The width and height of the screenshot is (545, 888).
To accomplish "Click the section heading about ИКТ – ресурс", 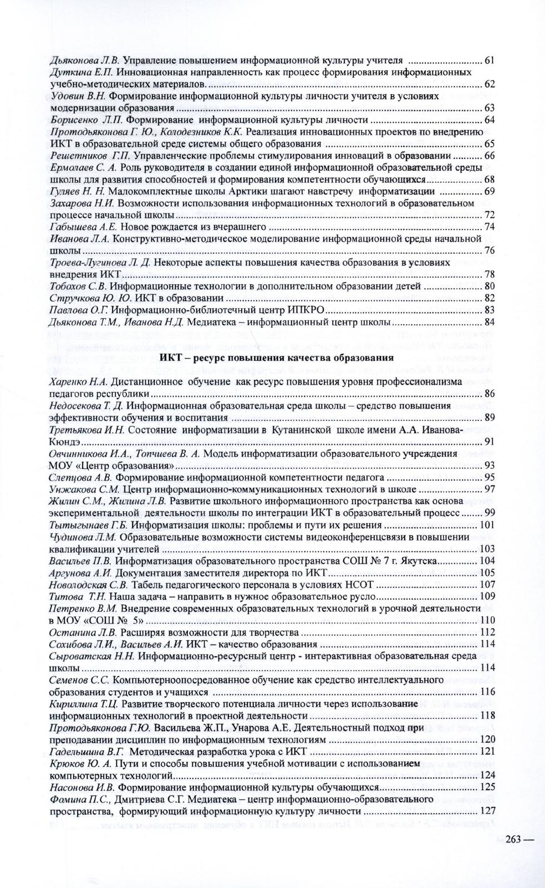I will pyautogui.click(x=277, y=358).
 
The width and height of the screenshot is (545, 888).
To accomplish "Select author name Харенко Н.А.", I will pyautogui.click(x=78, y=382).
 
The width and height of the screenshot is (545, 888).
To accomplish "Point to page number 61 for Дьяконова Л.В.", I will pyautogui.click(x=489, y=60).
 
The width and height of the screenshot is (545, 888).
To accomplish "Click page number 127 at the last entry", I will pyautogui.click(x=486, y=811).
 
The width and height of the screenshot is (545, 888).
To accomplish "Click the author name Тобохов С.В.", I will pyautogui.click(x=78, y=286).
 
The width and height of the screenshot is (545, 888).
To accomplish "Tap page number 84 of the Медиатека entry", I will pyautogui.click(x=489, y=322).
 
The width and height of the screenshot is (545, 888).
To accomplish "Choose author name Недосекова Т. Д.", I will pyautogui.click(x=83, y=406).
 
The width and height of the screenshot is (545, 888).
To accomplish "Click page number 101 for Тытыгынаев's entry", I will pyautogui.click(x=486, y=525).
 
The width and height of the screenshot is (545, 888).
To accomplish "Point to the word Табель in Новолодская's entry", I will pyautogui.click(x=146, y=585).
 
